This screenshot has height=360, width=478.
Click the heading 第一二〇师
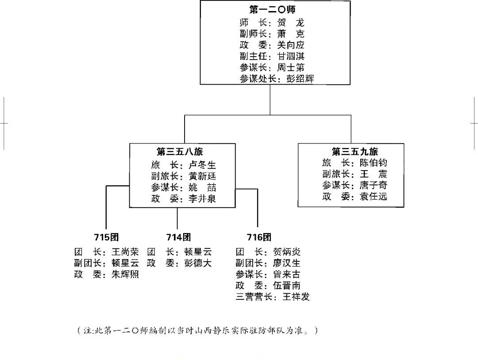pyautogui.click(x=272, y=9)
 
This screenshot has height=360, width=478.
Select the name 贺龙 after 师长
pyautogui.click(x=291, y=23)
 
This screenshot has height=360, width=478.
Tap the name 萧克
pyautogui.click(x=291, y=34)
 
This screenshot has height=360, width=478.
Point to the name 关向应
pyautogui.click(x=291, y=45)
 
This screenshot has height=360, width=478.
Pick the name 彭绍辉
pyautogui.click(x=300, y=79)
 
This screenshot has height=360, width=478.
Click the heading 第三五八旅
pyautogui.click(x=180, y=151)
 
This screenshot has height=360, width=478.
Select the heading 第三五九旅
pyautogui.click(x=355, y=151)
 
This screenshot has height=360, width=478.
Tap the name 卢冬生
pyautogui.click(x=202, y=165)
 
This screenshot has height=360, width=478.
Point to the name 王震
pyautogui.click(x=374, y=174)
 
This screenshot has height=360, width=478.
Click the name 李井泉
pyautogui.click(x=202, y=199)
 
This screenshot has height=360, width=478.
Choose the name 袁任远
pyautogui.click(x=374, y=197)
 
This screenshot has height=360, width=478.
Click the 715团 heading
pyautogui.click(x=106, y=237)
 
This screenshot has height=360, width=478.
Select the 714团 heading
pyautogui.click(x=179, y=237)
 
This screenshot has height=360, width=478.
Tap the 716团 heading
pyautogui.click(x=259, y=237)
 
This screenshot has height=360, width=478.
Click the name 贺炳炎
pyautogui.click(x=287, y=252)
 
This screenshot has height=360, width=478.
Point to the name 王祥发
pyautogui.click(x=296, y=297)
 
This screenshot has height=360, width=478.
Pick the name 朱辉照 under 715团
pyautogui.click(x=125, y=275)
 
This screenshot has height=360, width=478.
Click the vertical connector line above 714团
pyautogui.click(x=177, y=218)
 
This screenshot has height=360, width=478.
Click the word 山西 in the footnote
pyautogui.click(x=203, y=331)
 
